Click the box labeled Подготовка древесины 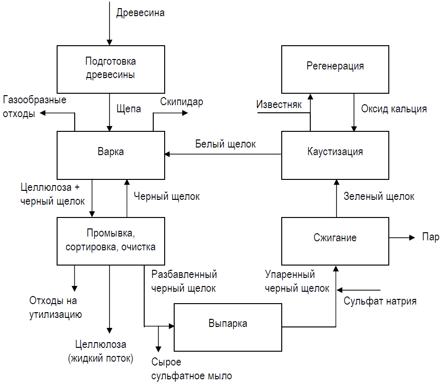(110, 69)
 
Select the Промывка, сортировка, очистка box (110, 240)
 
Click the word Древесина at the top (140, 13)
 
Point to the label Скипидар (181, 101)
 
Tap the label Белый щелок (226, 143)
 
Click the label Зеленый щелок (379, 196)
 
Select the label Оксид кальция (394, 109)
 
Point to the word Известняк (279, 104)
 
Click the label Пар (430, 237)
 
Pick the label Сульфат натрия (380, 301)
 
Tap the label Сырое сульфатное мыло (191, 369)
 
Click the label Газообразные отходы (34, 107)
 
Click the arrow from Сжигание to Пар (402, 237)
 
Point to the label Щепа (128, 109)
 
